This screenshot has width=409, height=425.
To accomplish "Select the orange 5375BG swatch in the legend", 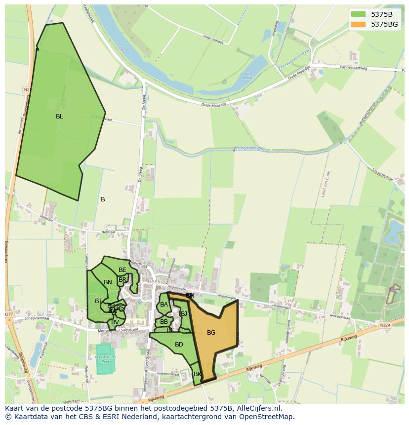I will coord(359,24).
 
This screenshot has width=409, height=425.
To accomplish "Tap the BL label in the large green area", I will coord(59,116).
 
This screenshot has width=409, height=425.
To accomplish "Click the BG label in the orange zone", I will coord(211,333).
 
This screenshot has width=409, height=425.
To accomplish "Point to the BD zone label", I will coord(179,345).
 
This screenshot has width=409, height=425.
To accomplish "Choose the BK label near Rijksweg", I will coord(197,374).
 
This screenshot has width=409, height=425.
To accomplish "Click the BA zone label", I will coord(164,305).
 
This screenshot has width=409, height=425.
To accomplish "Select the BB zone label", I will coord(164,322).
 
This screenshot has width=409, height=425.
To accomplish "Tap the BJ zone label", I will coord(184,313).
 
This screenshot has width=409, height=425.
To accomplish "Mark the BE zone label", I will coord(122,270).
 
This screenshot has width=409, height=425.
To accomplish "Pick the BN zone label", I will coord(108,282).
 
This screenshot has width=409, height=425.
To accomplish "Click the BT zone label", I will coord(98,301).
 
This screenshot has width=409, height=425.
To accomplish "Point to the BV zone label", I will coord(115,322).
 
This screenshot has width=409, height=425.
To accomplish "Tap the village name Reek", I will coord(154,281).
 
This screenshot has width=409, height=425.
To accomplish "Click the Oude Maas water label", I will coord(247,76).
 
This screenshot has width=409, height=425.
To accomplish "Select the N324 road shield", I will coord(385,325).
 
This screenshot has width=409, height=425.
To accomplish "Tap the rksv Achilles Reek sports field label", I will coord(105,359).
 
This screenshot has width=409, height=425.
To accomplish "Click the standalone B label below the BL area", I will coord(103,199).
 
